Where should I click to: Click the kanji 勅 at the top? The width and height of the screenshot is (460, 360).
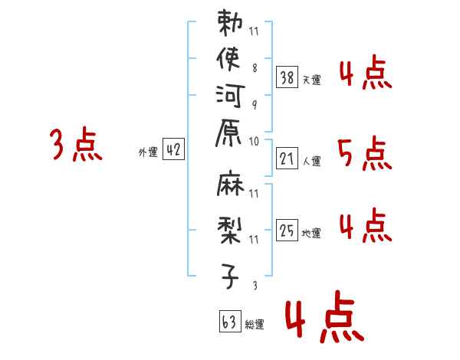click(231, 22)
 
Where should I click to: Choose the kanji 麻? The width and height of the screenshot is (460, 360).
click(231, 184)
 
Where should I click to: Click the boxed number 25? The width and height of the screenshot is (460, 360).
click(287, 228)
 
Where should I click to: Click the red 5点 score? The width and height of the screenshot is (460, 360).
click(364, 154)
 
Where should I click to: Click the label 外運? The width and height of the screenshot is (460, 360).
click(147, 152)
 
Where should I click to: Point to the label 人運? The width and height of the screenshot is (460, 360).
click(312, 161)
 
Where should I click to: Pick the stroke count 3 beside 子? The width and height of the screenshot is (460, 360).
click(254, 285)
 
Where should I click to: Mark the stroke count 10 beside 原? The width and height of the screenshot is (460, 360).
click(254, 141)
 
